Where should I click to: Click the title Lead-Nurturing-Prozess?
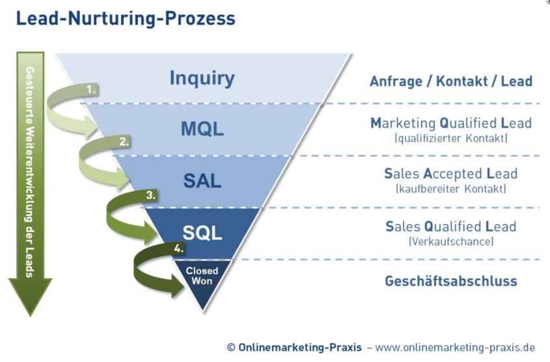[126, 19]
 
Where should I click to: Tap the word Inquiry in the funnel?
[202, 78]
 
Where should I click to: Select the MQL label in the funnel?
[202, 129]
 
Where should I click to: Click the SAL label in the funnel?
[202, 181]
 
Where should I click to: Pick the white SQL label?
[202, 232]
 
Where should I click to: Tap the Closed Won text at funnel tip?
[202, 275]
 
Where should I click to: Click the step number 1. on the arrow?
[92, 89]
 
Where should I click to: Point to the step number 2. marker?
[124, 141]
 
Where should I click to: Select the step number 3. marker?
[151, 195]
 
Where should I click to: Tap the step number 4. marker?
[178, 248]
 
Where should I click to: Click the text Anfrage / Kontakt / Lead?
[451, 81]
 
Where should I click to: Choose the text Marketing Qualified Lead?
[451, 123]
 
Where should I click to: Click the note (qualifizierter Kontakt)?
[451, 138]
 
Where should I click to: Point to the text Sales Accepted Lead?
[451, 174]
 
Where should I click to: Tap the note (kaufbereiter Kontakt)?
[451, 189]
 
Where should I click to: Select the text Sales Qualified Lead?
[451, 227]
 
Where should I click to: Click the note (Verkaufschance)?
[451, 242]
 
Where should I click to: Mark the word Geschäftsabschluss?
[451, 281]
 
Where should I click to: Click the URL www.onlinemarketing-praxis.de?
[455, 348]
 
